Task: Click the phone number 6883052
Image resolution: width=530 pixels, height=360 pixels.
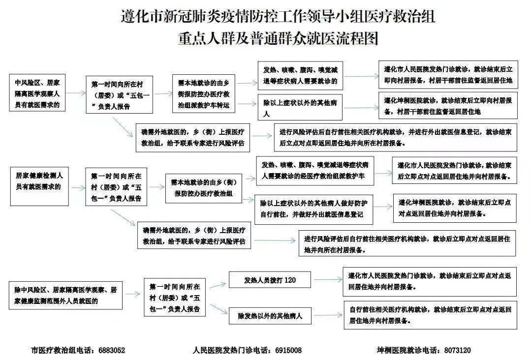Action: tap(112, 351)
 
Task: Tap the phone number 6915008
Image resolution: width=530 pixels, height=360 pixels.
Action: tap(288, 351)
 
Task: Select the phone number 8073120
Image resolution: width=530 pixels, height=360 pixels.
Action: tap(457, 351)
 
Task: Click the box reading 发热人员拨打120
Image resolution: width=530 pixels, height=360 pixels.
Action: tap(270, 280)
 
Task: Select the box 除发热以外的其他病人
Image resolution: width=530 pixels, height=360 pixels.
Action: tap(270, 316)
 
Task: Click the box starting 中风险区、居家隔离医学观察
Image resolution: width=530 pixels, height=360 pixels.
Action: tap(37, 92)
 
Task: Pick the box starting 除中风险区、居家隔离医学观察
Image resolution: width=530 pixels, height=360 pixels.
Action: tap(65, 295)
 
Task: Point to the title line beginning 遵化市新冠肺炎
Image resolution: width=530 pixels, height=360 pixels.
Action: tap(278, 16)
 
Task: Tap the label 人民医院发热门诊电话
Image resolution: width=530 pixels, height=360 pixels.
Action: tap(231, 351)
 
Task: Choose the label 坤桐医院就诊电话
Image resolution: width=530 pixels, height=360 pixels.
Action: tap(408, 351)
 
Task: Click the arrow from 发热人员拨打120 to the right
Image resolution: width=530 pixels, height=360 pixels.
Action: tap(327, 280)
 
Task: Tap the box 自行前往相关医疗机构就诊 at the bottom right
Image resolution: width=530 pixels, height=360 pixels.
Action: tap(430, 315)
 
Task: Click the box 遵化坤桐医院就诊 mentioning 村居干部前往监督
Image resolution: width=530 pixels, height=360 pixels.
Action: tap(448, 105)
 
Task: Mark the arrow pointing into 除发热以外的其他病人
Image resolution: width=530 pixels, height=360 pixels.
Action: tap(219, 308)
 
